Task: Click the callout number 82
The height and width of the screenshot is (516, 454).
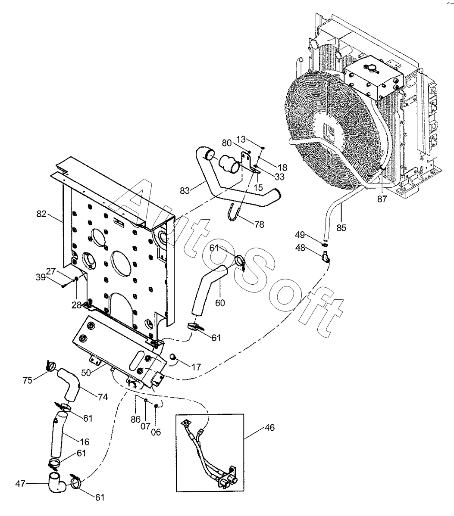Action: point(41,214)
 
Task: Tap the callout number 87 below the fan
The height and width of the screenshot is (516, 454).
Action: point(382,199)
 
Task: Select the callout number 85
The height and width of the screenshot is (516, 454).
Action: point(341,228)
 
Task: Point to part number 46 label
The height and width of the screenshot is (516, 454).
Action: point(269,428)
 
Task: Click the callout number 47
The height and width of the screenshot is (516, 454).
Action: point(20,484)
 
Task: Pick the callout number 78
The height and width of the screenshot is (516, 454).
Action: point(259,224)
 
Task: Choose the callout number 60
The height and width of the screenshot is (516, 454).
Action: point(220,303)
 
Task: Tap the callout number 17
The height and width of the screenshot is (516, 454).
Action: point(196,367)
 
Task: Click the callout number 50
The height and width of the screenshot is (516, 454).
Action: point(86,373)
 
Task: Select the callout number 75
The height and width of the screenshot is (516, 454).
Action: point(28,380)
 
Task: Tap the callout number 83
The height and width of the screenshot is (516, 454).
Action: point(185,190)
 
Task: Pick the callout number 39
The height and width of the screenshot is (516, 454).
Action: point(41,277)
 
